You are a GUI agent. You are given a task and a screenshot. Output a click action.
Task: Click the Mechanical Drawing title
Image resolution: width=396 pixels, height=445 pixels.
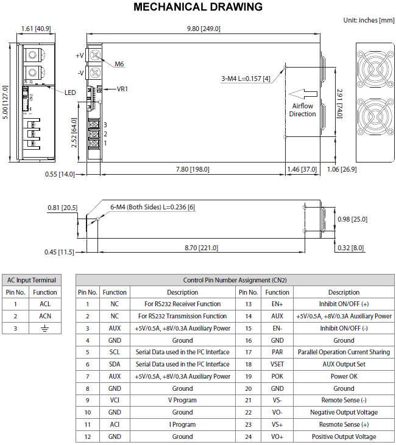(x=198, y=7)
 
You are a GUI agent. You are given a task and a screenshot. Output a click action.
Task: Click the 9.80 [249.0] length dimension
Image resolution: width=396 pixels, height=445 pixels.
(x=203, y=29)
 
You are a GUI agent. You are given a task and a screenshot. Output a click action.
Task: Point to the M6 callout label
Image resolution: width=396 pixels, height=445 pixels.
(x=119, y=64)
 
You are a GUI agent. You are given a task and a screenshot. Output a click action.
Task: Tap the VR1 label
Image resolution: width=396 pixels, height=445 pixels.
(x=122, y=89)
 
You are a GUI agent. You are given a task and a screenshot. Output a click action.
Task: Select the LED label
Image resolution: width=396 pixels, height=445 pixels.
(x=70, y=93)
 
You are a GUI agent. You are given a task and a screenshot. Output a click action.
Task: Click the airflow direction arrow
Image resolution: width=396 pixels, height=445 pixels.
(x=303, y=94)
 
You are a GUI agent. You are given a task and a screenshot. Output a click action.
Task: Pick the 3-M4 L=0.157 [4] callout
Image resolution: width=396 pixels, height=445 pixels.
(x=246, y=79)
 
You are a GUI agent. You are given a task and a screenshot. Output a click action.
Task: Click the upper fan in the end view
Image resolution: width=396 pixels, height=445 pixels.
(x=375, y=69)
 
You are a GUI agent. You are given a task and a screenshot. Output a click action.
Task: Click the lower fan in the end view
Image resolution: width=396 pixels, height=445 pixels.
(x=375, y=116)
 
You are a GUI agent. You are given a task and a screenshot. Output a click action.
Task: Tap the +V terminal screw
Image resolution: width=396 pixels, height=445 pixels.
(x=95, y=55)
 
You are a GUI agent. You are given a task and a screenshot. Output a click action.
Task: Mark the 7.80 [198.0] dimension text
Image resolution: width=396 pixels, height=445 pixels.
(x=193, y=169)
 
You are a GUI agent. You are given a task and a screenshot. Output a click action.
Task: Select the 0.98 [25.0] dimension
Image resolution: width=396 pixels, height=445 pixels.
(x=352, y=219)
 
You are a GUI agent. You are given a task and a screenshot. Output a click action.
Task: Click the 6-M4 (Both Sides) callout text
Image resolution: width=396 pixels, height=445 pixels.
(x=152, y=207)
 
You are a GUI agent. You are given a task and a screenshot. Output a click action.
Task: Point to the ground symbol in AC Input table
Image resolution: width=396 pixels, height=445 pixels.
(x=45, y=328)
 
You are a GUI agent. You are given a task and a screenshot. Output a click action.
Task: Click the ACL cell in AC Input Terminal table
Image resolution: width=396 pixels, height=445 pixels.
(x=45, y=304)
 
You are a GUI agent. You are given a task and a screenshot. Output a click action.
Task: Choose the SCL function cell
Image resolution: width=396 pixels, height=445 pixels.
(x=115, y=352)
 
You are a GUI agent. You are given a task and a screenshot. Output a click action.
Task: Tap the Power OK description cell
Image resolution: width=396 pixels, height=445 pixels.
(x=344, y=377)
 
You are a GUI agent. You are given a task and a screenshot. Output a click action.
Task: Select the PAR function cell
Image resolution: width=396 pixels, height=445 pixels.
(x=277, y=352)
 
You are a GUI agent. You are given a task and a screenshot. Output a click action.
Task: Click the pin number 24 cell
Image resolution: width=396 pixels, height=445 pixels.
(x=249, y=436)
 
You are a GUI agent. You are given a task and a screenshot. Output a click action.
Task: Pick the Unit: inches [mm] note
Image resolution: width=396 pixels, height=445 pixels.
(x=369, y=20)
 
